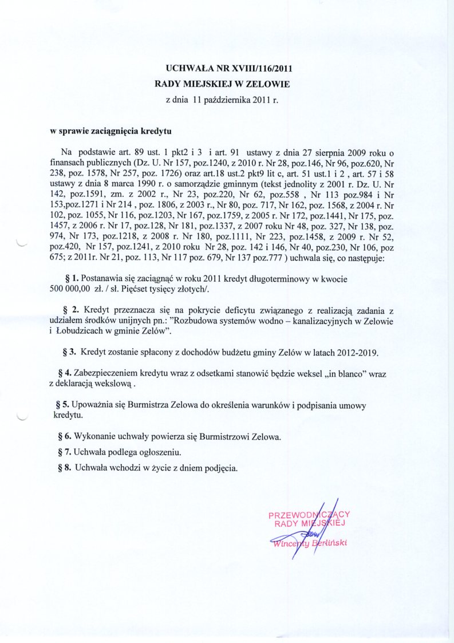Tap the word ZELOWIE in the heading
click(x=269, y=84)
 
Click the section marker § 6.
click(x=64, y=437)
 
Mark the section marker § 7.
click(x=64, y=452)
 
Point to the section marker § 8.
click(x=64, y=467)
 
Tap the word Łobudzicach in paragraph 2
click(x=80, y=332)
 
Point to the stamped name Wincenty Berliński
click(x=313, y=542)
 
